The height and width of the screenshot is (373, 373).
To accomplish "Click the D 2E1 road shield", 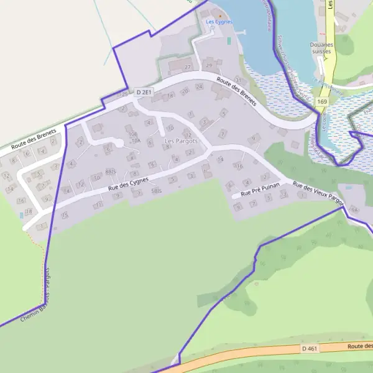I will [x=144, y=93].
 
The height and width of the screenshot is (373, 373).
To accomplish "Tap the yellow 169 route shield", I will [x=321, y=101].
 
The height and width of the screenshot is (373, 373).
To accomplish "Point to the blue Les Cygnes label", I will [x=219, y=22].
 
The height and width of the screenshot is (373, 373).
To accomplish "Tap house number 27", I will [x=188, y=67].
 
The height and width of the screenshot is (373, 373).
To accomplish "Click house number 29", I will [x=209, y=65].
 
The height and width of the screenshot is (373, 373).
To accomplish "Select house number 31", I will [x=237, y=80].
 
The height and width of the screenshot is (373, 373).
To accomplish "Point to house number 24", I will [x=199, y=87].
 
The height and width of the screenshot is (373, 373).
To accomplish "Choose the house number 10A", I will [x=136, y=141].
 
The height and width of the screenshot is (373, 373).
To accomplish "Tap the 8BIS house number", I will [x=111, y=171].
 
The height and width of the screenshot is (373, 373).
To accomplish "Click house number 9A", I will [x=355, y=210].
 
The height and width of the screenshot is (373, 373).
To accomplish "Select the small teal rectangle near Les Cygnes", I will [x=229, y=40].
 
